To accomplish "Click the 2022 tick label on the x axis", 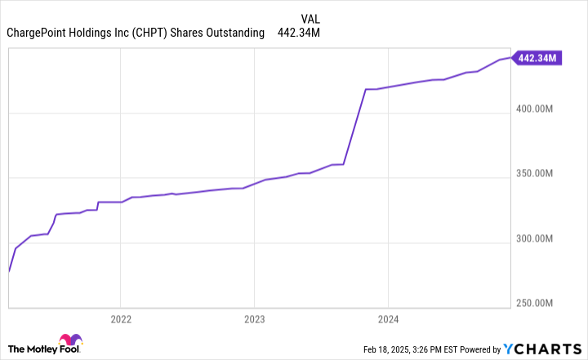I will (x=120, y=319).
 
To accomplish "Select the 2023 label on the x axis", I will (x=254, y=319).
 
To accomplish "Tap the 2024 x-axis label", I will (x=388, y=319).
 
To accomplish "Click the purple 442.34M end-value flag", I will (x=537, y=58).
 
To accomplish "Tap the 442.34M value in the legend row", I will (x=300, y=33).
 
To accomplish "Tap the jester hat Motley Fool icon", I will (x=70, y=344).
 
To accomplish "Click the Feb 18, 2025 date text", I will (x=389, y=349).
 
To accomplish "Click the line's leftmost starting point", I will (x=8, y=271).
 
